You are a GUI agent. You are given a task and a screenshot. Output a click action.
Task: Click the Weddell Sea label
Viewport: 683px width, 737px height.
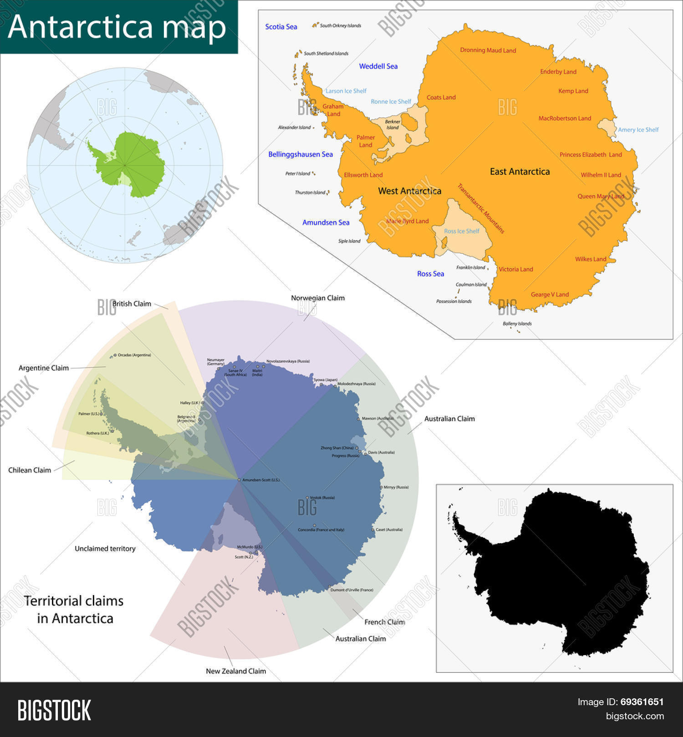click(x=378, y=66)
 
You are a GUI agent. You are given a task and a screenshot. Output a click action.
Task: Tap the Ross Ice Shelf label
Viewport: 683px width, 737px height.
click(x=461, y=231)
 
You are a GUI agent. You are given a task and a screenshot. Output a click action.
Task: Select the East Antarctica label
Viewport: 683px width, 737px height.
click(x=520, y=172)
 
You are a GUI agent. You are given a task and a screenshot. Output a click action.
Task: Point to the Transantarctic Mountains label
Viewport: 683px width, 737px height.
click(x=481, y=208)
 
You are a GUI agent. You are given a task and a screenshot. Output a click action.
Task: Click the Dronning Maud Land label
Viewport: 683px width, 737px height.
click(x=488, y=50)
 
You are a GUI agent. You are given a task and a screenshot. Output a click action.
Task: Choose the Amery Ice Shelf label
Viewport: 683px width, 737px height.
click(x=638, y=130)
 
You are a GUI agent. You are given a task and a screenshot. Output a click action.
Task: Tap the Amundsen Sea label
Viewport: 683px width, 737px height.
click(x=326, y=222)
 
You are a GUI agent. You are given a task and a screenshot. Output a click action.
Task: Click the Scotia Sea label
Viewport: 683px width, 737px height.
click(x=281, y=27)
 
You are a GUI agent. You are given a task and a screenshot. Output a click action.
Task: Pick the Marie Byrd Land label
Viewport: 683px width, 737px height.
click(x=408, y=221)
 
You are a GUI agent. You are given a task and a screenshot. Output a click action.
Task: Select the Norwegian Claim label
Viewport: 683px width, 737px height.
click(x=317, y=298)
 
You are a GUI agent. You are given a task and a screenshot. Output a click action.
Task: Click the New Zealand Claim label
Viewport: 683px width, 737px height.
click(x=235, y=671)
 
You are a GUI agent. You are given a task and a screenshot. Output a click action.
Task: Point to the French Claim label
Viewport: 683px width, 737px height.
click(x=384, y=622)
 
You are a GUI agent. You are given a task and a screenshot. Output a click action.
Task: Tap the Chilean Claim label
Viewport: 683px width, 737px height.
click(x=30, y=470)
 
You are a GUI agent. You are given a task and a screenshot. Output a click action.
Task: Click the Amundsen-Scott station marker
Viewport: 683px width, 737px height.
click(x=239, y=480)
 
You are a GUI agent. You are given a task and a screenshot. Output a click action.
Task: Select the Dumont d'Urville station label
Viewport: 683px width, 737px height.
click(x=352, y=590)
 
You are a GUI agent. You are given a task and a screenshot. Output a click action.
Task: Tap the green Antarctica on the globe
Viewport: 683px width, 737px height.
click(x=132, y=164)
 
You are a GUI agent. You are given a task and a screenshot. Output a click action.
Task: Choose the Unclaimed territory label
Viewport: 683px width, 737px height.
click(x=105, y=549)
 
